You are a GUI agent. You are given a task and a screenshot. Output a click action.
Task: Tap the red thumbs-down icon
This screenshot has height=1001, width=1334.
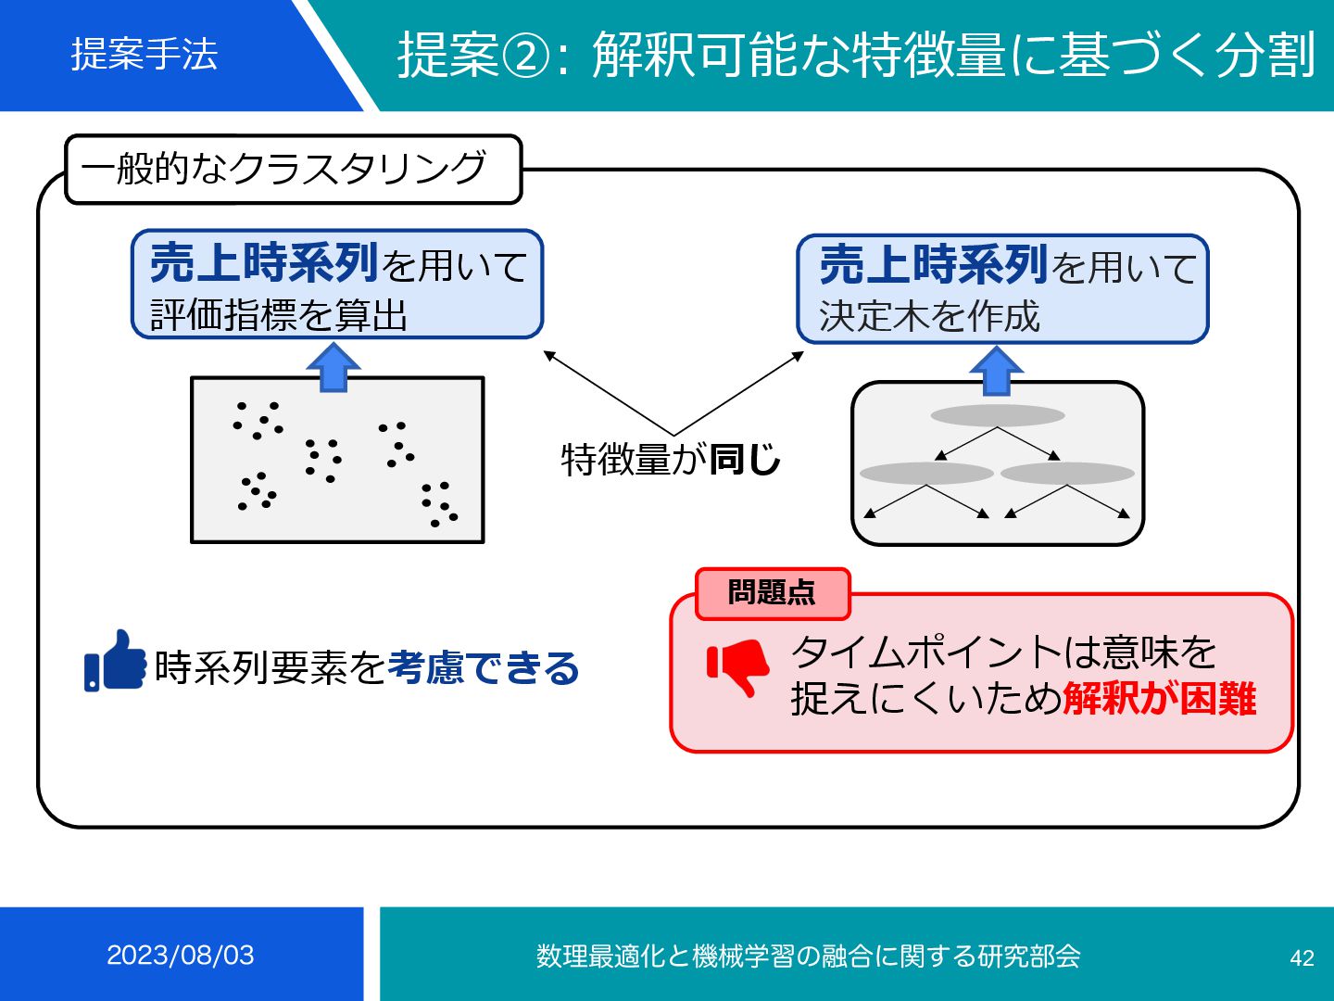738,666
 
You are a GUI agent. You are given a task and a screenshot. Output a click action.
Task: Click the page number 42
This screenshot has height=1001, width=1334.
1302,957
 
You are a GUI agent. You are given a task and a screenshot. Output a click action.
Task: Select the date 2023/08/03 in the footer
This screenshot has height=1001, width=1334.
181,955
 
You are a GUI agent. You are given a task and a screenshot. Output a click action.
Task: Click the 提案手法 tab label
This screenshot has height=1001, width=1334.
145,54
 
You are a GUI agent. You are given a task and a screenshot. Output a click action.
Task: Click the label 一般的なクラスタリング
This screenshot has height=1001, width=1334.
283,169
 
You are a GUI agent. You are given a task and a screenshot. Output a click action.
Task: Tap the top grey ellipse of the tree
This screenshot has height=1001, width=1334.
998,415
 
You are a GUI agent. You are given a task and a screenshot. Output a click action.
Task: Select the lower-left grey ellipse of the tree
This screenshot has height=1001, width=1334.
926,474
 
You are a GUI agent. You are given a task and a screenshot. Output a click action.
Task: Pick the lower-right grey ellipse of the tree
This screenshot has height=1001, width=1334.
1067,474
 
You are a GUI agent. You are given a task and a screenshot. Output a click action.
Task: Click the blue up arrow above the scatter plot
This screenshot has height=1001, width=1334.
333,366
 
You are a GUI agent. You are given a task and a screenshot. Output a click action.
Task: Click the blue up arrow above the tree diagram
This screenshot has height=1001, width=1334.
996,371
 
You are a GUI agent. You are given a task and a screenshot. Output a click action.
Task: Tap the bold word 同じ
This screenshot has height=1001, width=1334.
744,459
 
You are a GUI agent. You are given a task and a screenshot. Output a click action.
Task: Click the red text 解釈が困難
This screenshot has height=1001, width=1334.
1160,699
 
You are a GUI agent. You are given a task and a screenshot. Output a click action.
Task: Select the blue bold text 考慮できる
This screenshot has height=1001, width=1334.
483,667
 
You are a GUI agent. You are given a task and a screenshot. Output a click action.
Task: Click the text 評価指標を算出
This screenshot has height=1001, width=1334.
279,316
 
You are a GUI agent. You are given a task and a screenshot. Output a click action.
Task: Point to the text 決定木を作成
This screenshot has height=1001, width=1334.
929,317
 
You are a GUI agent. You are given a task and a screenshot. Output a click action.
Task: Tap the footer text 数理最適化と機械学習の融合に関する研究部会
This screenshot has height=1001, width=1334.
808,956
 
